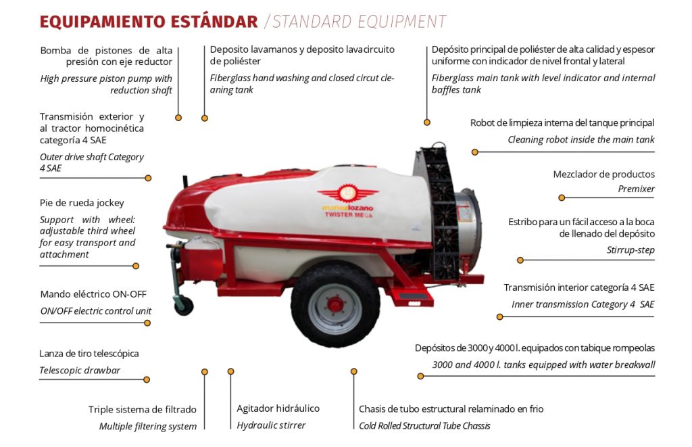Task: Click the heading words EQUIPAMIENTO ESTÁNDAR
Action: (149, 22)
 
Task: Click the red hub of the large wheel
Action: (335, 304)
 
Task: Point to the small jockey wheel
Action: (184, 306)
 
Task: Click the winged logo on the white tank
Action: (348, 193)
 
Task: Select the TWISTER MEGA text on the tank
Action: (349, 214)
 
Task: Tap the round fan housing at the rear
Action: (468, 229)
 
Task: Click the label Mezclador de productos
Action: (603, 174)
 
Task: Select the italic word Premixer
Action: (636, 189)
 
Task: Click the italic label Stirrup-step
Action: (631, 250)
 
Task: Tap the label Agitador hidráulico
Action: (278, 408)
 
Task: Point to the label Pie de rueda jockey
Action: (82, 203)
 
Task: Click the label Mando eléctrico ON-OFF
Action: (93, 294)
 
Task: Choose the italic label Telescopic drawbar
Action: (80, 370)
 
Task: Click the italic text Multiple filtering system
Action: (148, 426)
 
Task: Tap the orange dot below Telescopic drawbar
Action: (147, 379)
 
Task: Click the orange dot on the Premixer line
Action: (562, 197)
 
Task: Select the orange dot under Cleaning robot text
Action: (475, 152)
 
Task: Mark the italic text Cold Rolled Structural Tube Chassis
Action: (424, 426)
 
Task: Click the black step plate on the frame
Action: (411, 295)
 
